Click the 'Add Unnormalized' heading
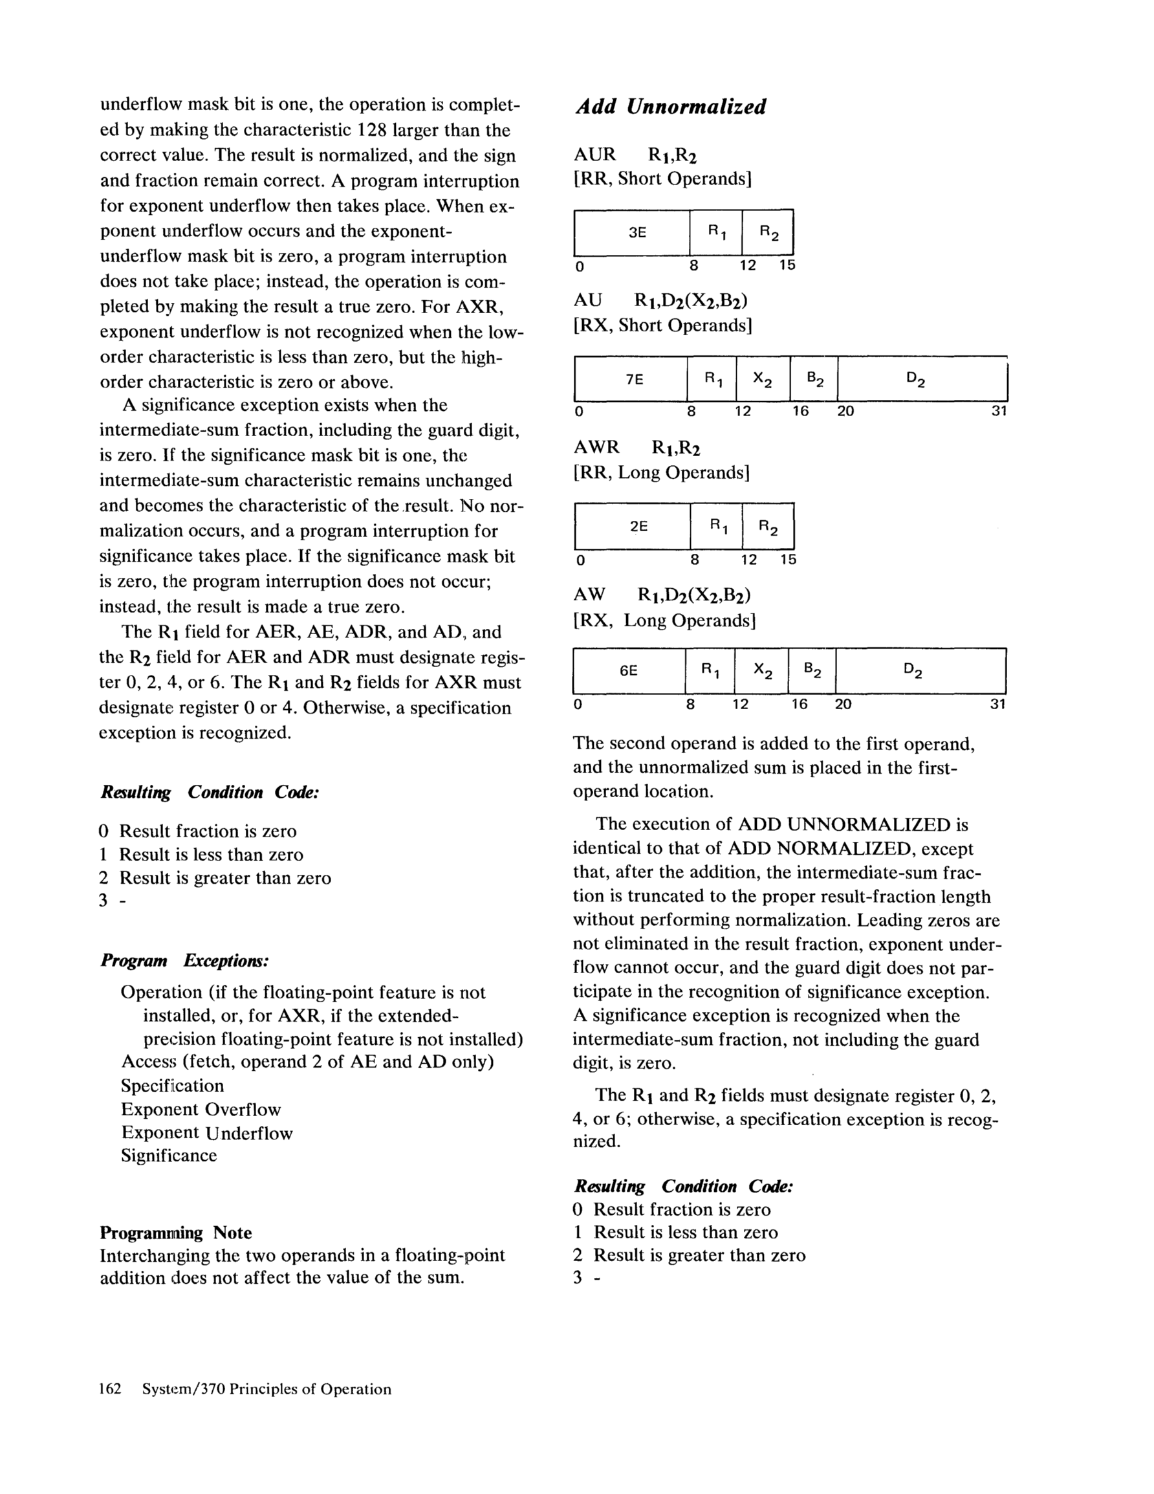coord(670,107)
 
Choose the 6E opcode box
coord(629,671)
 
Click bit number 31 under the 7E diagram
coord(999,411)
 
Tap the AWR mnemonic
coord(596,447)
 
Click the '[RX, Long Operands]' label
coord(664,621)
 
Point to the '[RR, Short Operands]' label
coord(662,179)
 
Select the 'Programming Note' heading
coord(176,1233)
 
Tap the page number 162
coord(110,1389)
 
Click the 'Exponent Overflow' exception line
coord(201,1110)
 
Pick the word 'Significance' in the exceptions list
coord(169,1156)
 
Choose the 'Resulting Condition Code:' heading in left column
coord(210,792)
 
